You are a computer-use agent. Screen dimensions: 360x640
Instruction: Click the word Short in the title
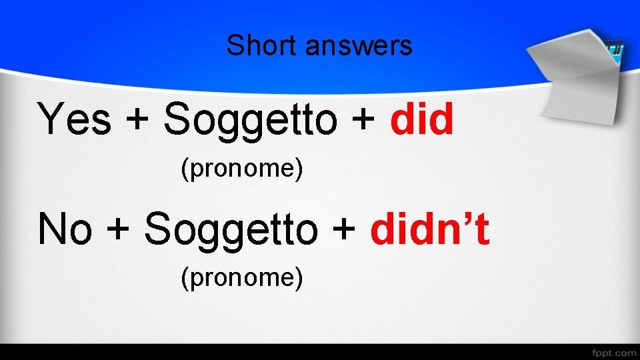pos(257,46)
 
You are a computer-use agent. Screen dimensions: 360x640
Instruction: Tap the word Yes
pos(74,120)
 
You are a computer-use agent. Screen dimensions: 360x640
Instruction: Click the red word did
pos(422,120)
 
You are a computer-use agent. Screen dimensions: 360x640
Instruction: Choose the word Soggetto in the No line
pos(231,230)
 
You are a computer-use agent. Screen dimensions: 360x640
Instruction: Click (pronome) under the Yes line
pos(242,170)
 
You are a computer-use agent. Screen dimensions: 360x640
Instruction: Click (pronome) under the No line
pos(242,277)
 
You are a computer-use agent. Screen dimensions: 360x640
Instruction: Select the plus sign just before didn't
pos(344,231)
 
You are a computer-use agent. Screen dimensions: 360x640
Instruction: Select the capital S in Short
pos(234,46)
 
